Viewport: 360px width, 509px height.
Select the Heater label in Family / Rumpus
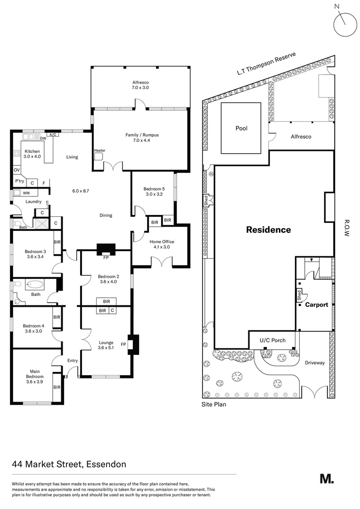click(99, 150)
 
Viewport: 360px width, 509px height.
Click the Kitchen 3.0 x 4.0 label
click(33, 154)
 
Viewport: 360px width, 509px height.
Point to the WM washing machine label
click(26, 192)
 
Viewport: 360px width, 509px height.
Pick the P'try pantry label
click(19, 181)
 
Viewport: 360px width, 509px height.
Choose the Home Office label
click(162, 244)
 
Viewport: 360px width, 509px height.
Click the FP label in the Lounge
click(123, 345)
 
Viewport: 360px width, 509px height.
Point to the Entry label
click(72, 361)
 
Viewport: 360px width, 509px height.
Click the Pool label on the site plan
click(241, 128)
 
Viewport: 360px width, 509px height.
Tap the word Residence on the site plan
click(269, 230)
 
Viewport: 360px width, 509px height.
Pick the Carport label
click(317, 304)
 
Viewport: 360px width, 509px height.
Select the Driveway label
click(315, 362)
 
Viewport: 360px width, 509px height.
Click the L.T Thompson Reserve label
click(266, 64)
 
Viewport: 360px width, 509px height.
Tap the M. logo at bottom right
click(327, 479)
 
